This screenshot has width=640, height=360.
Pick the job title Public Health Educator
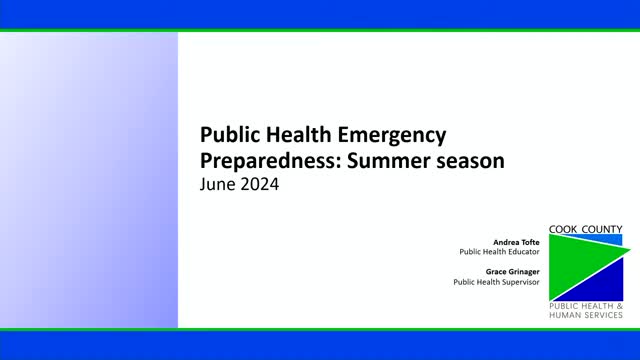coord(499,252)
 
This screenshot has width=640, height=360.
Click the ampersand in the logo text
coord(619,304)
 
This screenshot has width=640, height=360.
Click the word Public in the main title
coord(227,135)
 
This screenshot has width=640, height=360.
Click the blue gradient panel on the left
coord(89,180)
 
